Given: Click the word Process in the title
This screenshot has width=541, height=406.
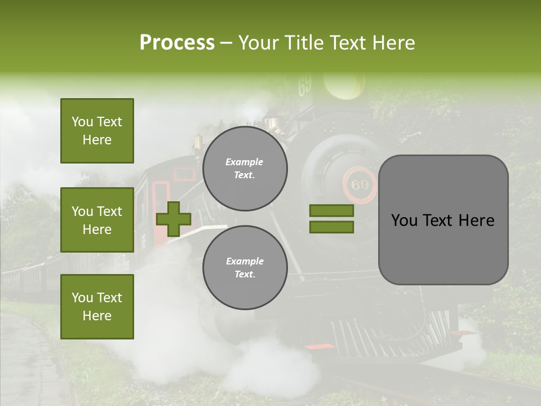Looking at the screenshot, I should click(x=177, y=43).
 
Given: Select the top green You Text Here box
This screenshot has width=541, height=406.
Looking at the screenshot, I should click(x=97, y=131).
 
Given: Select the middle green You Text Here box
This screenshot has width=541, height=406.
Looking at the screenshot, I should click(x=97, y=220).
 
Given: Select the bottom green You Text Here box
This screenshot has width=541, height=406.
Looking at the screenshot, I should click(x=97, y=306).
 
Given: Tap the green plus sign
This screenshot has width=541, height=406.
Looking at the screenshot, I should click(x=174, y=219).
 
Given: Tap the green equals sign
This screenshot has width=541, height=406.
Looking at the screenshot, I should click(x=331, y=219).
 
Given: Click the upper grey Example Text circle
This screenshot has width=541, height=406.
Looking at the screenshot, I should click(x=245, y=169).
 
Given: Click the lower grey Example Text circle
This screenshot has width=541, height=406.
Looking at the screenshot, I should click(x=245, y=268).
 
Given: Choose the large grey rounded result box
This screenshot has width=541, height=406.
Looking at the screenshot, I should click(x=443, y=220).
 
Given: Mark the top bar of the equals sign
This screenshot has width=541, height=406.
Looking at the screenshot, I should click(x=331, y=211).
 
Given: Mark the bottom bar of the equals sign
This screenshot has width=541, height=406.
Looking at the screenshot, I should click(x=331, y=227).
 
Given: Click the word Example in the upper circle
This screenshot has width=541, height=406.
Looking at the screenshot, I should click(x=245, y=162).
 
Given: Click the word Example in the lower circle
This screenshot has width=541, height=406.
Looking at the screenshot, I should click(x=245, y=261).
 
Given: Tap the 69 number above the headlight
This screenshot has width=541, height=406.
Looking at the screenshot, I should click(x=305, y=86).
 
